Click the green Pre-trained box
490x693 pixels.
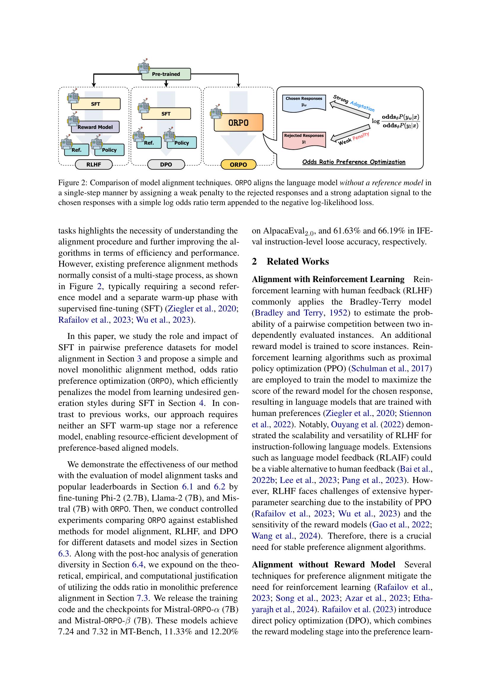[x=166, y=74]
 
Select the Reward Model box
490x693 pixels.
[x=95, y=127]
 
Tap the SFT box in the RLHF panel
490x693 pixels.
[x=96, y=104]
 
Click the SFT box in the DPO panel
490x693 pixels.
[x=166, y=114]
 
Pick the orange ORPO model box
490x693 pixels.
[x=238, y=123]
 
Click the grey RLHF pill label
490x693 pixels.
[x=94, y=165]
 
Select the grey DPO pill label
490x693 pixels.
[x=166, y=165]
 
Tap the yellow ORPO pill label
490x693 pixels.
[x=238, y=165]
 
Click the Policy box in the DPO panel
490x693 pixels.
[x=181, y=143]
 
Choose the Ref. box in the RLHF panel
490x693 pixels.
[x=77, y=150]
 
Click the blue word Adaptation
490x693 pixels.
[x=362, y=106]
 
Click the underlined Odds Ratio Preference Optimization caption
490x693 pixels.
[x=354, y=162]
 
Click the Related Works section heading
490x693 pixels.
[x=297, y=261]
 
